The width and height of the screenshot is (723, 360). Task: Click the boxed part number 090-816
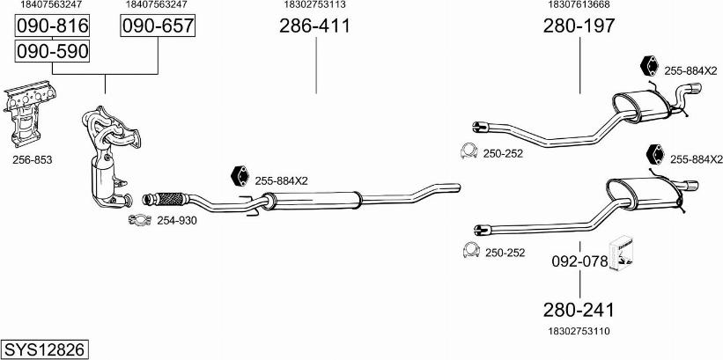pos(52,26)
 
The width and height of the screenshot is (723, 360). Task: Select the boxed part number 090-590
pos(52,51)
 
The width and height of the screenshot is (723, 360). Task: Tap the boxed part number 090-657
pos(158,26)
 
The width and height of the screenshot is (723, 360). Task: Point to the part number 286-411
pos(314,26)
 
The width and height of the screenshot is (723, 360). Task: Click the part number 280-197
pos(579,26)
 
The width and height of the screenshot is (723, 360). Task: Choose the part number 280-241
pos(579,310)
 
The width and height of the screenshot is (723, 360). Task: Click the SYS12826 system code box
pos(45,349)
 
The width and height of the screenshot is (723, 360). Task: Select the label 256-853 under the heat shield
pos(33,160)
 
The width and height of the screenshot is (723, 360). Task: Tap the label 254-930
pos(177,221)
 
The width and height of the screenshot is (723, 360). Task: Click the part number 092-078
pos(579,261)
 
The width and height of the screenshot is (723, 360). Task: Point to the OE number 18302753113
pos(315,4)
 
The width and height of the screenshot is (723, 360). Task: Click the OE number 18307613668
pos(579,4)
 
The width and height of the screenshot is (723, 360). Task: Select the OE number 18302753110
pos(579,330)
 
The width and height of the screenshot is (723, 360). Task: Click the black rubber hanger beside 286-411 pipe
pos(240,176)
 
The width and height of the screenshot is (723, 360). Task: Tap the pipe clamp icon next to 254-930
pos(140,220)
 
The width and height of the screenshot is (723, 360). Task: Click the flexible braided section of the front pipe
pos(171,199)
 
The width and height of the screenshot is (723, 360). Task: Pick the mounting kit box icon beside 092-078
pos(622,253)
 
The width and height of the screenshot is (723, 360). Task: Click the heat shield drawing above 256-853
pos(28,114)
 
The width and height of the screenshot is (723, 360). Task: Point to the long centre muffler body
pos(314,200)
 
